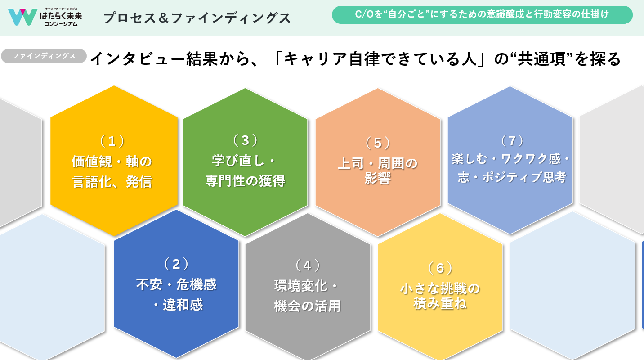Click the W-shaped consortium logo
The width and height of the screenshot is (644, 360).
(22, 17)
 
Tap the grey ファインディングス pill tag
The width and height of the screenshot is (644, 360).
(44, 56)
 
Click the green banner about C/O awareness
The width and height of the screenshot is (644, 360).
(482, 15)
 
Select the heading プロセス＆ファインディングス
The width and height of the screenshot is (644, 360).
(197, 18)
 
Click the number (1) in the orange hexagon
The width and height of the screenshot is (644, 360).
(112, 141)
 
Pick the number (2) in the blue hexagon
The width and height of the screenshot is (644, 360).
(176, 264)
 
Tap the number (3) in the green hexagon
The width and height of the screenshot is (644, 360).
(245, 140)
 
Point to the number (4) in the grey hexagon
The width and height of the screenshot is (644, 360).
(308, 265)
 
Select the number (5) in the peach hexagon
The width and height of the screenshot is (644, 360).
(377, 143)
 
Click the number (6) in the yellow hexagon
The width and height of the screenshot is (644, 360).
(440, 268)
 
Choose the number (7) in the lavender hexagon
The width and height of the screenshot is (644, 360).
(512, 141)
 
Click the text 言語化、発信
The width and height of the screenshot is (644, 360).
(112, 182)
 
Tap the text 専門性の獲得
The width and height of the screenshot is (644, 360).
(245, 181)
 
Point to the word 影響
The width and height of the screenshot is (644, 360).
(377, 178)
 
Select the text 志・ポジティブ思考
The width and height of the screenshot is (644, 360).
(512, 177)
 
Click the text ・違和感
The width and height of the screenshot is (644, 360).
(178, 305)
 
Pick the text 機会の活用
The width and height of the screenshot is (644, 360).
(308, 306)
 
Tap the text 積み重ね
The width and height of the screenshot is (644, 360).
(440, 303)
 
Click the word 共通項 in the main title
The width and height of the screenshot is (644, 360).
(541, 58)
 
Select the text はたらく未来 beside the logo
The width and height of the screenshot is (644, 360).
(61, 16)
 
